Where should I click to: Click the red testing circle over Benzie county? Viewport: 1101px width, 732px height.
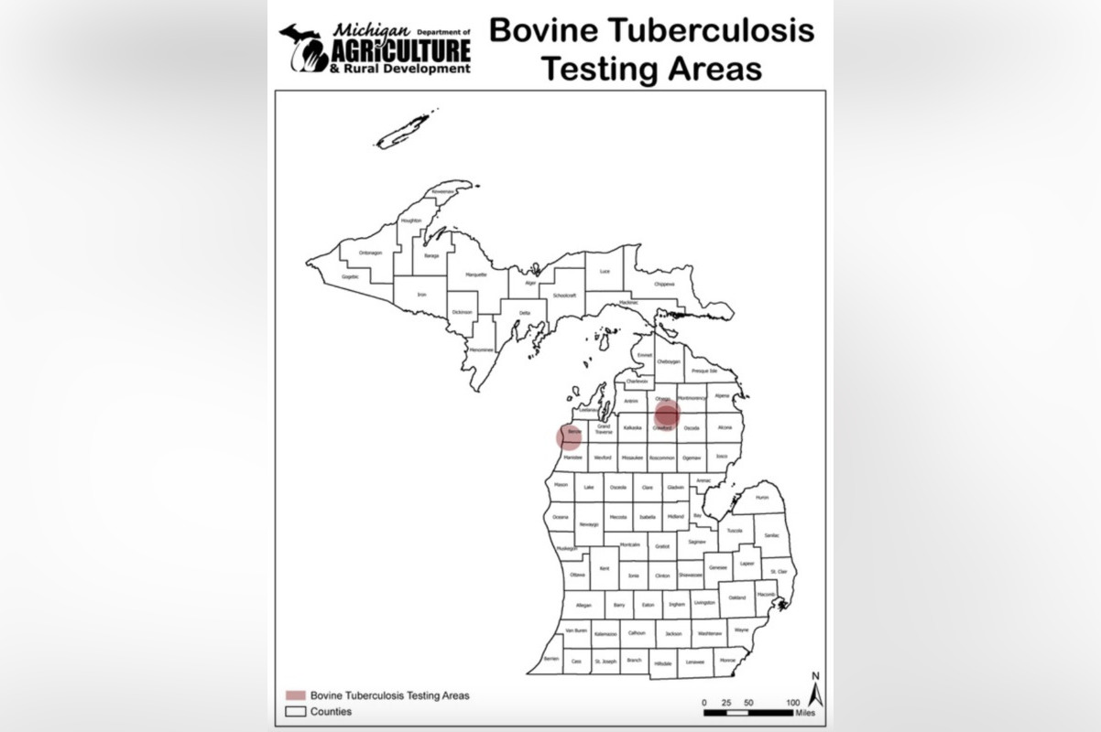click(x=569, y=436)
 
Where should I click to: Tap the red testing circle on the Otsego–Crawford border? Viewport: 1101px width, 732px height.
click(x=667, y=414)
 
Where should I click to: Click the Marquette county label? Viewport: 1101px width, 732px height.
click(x=476, y=274)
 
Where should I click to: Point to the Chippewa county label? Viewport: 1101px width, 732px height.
click(x=664, y=285)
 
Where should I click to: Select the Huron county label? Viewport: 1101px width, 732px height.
click(x=762, y=499)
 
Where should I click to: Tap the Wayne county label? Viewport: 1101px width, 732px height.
click(x=741, y=630)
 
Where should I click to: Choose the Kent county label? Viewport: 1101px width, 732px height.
click(x=604, y=569)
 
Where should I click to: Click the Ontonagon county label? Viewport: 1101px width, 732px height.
click(x=370, y=253)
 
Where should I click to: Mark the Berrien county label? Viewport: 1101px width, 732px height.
click(x=550, y=658)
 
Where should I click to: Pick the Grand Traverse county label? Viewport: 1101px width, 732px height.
click(x=604, y=428)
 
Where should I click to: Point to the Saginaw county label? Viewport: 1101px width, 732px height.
click(x=697, y=543)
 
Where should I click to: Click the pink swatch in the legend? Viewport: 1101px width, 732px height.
click(x=295, y=695)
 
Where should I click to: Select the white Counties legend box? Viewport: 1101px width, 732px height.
click(x=295, y=711)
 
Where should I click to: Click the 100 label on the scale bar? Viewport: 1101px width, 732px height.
click(x=792, y=702)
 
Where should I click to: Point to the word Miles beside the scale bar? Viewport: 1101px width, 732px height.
click(x=804, y=712)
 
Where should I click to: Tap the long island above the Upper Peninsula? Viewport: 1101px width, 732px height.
click(x=403, y=133)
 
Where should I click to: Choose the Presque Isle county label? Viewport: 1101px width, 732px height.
click(x=704, y=371)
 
